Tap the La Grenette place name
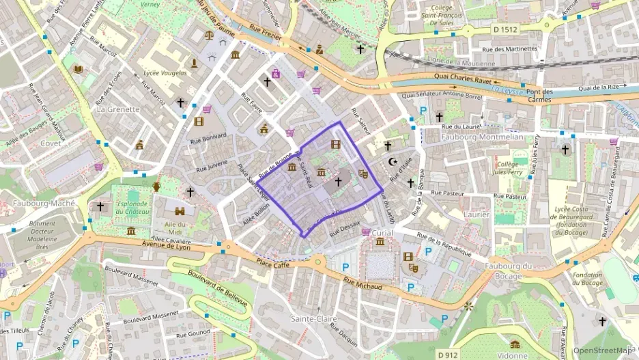[118, 109]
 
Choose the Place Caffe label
[274, 263]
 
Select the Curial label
[383, 232]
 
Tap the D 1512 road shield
[505, 29]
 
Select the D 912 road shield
[448, 354]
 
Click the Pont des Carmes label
[539, 96]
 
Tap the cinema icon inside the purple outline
[335, 144]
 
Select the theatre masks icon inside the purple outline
[363, 174]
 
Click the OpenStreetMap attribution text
[603, 350]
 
